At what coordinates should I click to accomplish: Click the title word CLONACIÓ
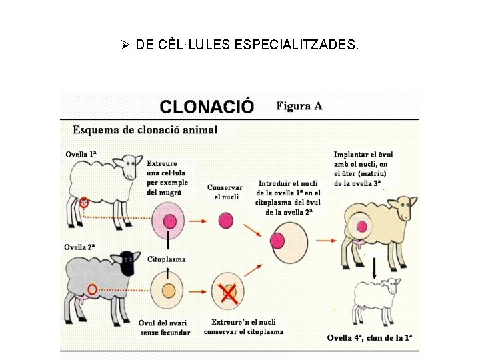(207, 106)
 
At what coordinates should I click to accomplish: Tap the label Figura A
(299, 105)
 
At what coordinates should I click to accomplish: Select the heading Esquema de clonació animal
(145, 129)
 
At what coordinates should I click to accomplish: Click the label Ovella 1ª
(81, 154)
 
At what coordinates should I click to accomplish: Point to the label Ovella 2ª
(80, 247)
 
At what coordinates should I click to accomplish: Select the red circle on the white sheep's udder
(84, 201)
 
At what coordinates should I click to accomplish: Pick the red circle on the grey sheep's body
(91, 289)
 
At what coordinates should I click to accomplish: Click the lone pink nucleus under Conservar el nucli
(225, 219)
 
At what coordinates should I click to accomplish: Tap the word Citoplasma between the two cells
(167, 259)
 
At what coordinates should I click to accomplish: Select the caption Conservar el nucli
(225, 192)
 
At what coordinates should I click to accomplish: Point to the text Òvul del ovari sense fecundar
(165, 328)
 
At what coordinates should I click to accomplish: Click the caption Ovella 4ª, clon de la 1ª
(373, 338)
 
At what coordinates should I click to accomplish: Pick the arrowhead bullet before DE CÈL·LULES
(125, 45)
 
